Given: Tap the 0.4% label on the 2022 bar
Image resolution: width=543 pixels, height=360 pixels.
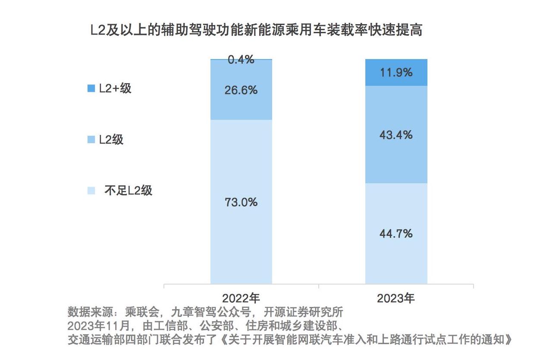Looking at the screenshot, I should (x=241, y=59).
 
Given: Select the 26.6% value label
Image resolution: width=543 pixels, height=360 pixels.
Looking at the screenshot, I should (x=241, y=90).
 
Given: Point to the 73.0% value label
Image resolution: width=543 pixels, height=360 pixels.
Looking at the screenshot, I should (x=241, y=202).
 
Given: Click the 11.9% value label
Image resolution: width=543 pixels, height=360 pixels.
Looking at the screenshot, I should (x=396, y=72).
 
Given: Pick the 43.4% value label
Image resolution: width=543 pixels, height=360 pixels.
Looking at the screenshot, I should (x=396, y=135).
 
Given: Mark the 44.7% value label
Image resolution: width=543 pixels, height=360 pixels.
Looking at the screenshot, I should (x=396, y=233).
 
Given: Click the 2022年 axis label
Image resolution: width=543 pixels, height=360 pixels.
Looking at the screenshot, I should (x=241, y=298).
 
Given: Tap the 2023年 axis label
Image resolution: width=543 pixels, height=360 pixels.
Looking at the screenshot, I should (x=396, y=298).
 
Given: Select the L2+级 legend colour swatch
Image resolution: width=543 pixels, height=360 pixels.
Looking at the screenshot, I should (x=91, y=89).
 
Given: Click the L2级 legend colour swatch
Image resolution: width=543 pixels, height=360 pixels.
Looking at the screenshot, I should (x=91, y=140).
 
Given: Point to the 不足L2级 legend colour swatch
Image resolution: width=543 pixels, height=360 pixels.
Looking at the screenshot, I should (x=91, y=191).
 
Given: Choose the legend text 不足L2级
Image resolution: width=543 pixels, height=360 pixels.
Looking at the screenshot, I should (x=129, y=191).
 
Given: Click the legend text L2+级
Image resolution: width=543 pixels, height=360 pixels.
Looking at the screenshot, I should (x=115, y=89).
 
